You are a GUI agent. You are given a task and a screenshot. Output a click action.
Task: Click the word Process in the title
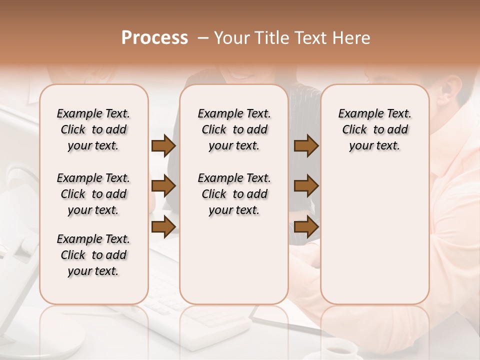pos(154,38)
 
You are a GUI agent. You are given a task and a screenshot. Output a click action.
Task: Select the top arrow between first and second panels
pos(163,146)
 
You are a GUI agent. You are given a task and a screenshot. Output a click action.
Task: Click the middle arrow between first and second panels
pos(163,186)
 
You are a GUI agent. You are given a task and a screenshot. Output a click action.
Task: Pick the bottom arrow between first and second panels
pos(163,226)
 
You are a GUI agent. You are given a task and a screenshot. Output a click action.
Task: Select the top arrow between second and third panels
pos(306,146)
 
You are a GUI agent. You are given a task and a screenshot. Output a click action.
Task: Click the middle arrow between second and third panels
pos(306,186)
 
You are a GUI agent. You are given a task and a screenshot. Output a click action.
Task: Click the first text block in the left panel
pos(93,129)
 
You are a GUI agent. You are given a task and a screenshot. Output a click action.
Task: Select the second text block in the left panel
pos(93,194)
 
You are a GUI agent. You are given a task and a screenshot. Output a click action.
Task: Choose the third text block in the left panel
pos(93,255)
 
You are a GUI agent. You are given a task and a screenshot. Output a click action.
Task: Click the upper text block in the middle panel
pos(234,129)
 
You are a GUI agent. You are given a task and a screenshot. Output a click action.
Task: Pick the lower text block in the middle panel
pos(234,194)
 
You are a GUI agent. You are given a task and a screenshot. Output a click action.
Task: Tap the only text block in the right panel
pos(374,129)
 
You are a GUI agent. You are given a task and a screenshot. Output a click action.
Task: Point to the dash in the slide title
pos(203,38)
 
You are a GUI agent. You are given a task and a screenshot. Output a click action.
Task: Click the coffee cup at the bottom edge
pos(340,349)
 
